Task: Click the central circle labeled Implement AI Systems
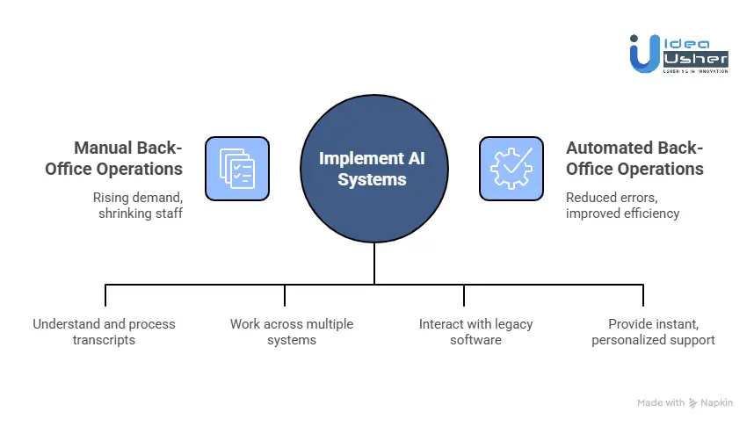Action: click(374, 168)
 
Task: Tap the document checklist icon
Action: click(236, 168)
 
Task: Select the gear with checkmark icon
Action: click(511, 168)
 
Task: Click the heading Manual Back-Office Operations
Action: click(114, 158)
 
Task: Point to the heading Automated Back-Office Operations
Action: click(634, 158)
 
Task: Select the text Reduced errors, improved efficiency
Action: click(622, 205)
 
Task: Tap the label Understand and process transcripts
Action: click(104, 331)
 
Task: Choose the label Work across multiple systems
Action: click(291, 331)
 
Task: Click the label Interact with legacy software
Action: click(475, 331)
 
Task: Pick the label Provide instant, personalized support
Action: click(653, 331)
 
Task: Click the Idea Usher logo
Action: click(678, 53)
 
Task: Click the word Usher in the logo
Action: click(695, 58)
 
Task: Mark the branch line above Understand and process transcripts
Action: click(105, 294)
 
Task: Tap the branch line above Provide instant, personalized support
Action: click(643, 294)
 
